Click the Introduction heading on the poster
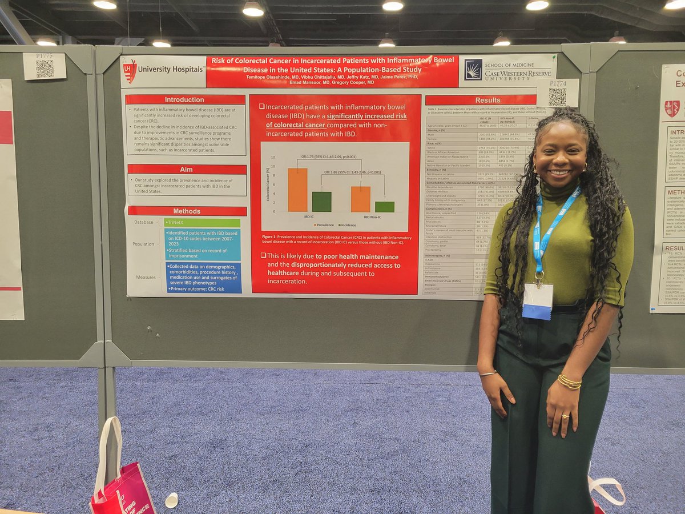point(184,99)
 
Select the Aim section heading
point(187,169)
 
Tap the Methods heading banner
point(187,211)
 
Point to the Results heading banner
point(487,100)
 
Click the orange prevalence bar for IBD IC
point(297,190)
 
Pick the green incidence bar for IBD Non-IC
point(384,207)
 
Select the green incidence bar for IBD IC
point(321,202)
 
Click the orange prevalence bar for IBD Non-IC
point(360,199)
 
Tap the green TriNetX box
point(202,223)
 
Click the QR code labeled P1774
point(557,95)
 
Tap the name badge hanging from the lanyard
point(537,301)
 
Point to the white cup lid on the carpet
point(171,500)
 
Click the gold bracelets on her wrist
point(569,382)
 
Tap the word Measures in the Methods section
point(146,278)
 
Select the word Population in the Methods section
point(143,244)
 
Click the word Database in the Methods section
point(143,222)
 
